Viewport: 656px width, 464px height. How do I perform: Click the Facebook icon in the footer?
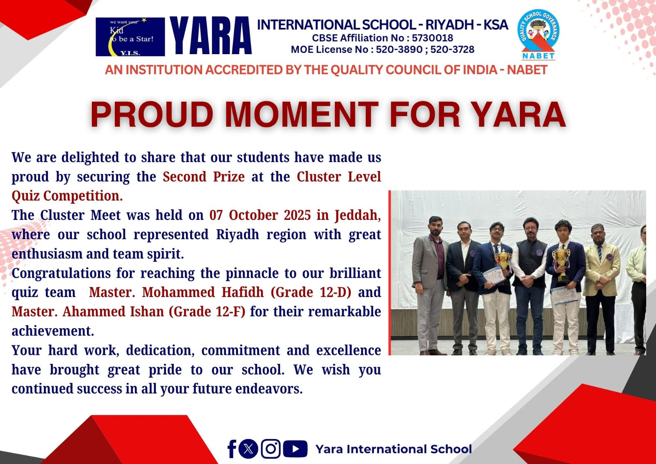[x=232, y=449]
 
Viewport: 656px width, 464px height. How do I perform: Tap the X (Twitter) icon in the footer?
[x=248, y=449]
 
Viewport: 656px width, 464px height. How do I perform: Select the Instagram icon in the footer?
[x=271, y=449]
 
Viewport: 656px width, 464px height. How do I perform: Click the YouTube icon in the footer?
[x=295, y=449]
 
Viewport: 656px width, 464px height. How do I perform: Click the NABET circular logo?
[x=538, y=34]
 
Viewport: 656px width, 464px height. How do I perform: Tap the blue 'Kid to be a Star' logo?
[x=130, y=37]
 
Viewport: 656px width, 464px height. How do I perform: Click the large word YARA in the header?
[x=211, y=36]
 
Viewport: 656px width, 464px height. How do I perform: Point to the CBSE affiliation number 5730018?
[x=432, y=38]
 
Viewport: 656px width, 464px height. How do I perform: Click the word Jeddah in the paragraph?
[x=358, y=215]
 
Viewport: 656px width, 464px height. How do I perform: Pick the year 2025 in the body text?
[x=297, y=215]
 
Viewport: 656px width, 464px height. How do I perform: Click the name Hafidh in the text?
[x=242, y=292]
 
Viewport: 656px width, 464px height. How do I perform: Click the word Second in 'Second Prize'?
[x=184, y=177]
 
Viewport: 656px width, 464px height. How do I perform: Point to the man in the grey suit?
[x=430, y=285]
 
